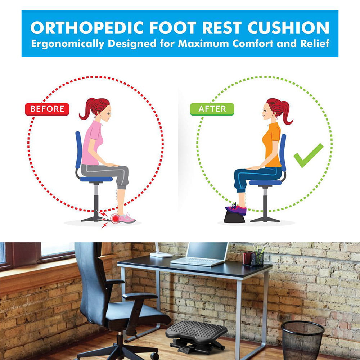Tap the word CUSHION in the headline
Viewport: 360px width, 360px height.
(x=288, y=28)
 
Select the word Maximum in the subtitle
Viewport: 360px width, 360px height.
(x=203, y=44)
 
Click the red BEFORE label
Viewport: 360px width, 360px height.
(x=47, y=109)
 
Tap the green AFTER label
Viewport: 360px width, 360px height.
(x=212, y=109)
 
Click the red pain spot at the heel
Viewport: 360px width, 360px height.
(x=115, y=219)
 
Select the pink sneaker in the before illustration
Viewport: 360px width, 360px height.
(x=127, y=219)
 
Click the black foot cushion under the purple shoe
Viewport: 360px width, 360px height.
(x=234, y=217)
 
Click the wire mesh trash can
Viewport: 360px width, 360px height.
(x=302, y=340)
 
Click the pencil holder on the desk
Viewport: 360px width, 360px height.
(x=253, y=258)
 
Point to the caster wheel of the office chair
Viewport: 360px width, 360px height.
(x=154, y=356)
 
